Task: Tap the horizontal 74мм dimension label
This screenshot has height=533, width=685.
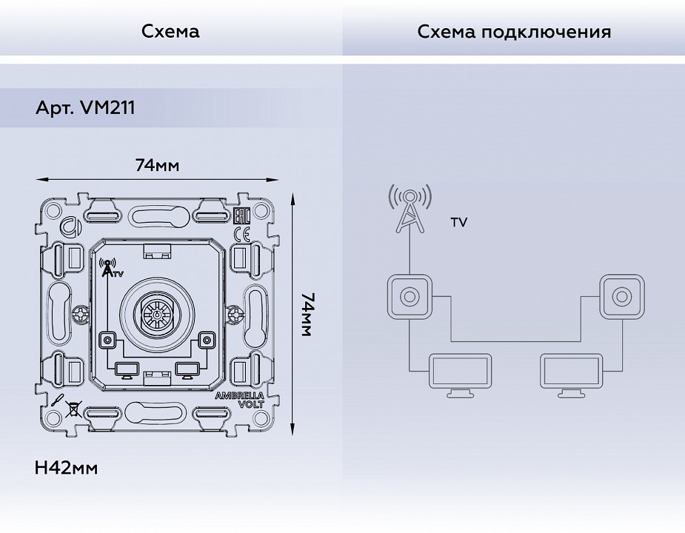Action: [x=157, y=165]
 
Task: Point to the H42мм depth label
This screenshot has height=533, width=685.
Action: [x=66, y=468]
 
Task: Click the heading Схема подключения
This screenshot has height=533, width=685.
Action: [x=514, y=32]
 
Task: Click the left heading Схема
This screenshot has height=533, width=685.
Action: [x=170, y=32]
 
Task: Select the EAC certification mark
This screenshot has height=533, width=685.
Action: [x=241, y=216]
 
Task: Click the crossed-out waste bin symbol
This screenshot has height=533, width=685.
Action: [x=73, y=407]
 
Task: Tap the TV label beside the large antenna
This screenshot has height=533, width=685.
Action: [x=458, y=222]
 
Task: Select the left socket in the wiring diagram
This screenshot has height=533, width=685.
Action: [x=409, y=297]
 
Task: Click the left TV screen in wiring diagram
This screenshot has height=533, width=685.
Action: [x=460, y=374]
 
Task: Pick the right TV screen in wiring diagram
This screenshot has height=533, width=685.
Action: [x=571, y=374]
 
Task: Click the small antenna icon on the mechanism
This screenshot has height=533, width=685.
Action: [x=109, y=268]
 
